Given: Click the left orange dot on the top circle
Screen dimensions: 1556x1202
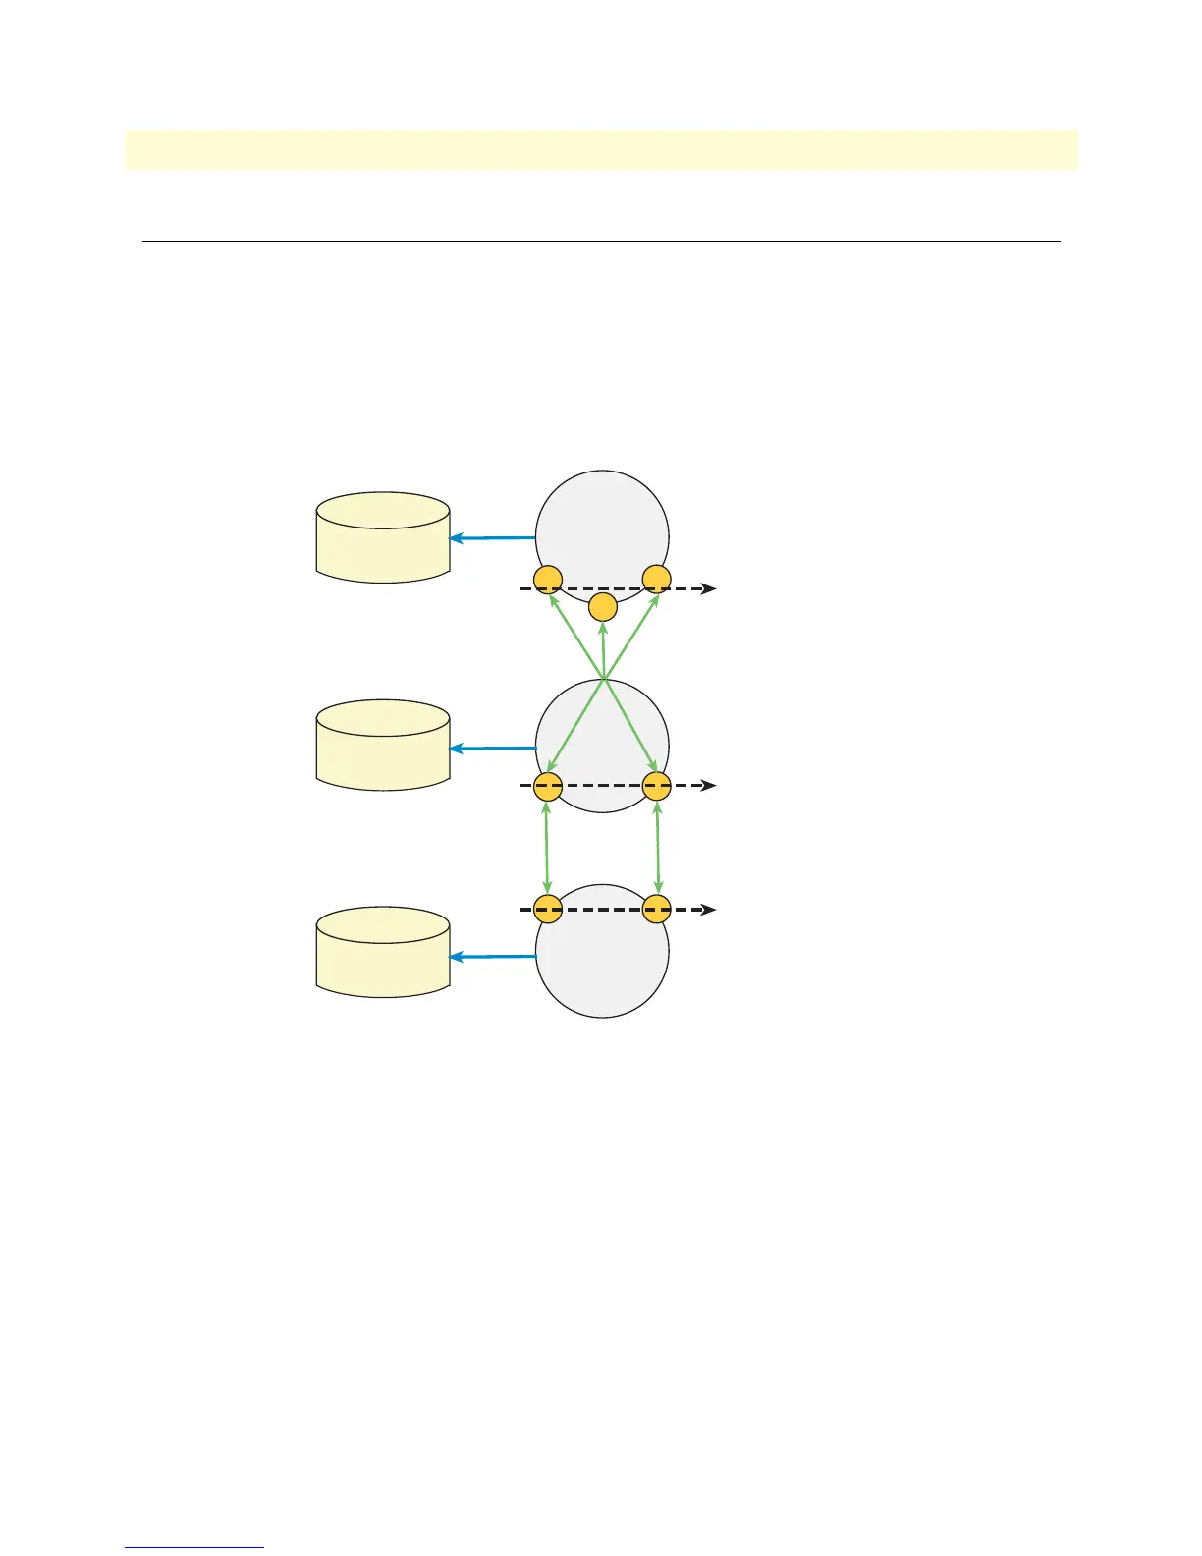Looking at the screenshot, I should click(x=547, y=580).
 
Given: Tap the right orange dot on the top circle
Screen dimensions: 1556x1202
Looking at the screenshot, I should click(x=656, y=580).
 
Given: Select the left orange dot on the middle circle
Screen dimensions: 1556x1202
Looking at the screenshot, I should click(x=547, y=786).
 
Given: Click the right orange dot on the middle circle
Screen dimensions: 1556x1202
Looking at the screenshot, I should click(x=656, y=786).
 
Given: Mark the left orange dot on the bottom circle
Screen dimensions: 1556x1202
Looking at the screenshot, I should click(x=547, y=910).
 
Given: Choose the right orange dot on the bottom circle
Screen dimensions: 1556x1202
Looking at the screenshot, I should click(x=656, y=910).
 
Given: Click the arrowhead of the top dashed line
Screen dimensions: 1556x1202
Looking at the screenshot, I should click(x=709, y=589).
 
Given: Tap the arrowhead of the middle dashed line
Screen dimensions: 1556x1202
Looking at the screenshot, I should click(x=709, y=786).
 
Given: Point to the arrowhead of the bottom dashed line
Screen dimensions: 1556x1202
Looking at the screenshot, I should click(x=709, y=910).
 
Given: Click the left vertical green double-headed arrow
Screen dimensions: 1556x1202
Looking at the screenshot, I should click(x=547, y=848).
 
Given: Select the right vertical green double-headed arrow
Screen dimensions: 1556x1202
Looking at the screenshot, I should click(x=657, y=848).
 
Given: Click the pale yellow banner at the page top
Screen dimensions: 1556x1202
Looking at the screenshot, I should click(x=601, y=149).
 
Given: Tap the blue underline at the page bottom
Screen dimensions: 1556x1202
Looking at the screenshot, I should click(x=194, y=1548).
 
